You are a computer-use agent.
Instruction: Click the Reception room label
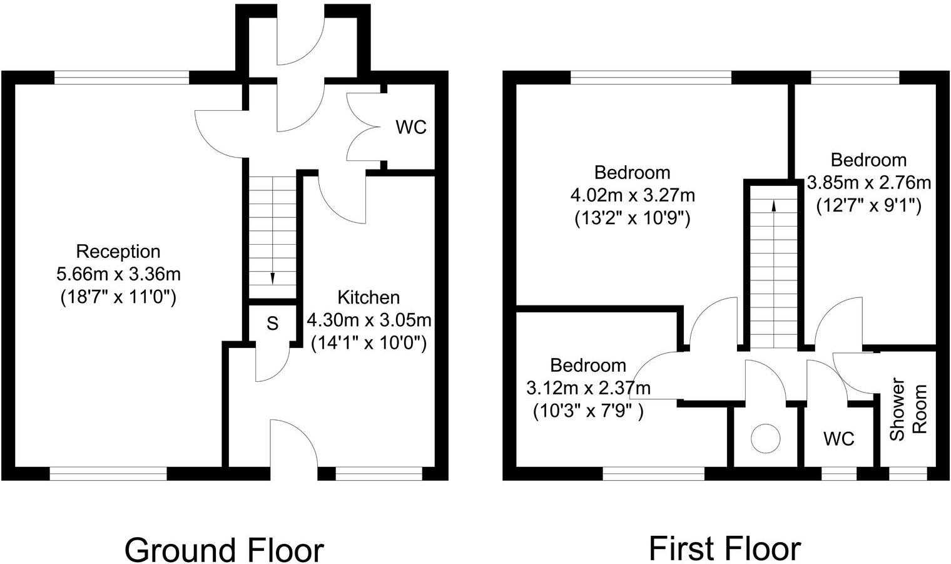coord(118,252)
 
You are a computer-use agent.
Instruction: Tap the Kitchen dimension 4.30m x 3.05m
coord(369,320)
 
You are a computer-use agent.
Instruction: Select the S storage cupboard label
coord(272,324)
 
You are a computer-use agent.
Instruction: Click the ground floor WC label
coord(411,127)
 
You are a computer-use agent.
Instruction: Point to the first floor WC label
coord(838,439)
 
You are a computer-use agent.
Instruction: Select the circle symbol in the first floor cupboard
coord(766,438)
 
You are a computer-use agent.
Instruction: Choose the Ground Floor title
coord(224,550)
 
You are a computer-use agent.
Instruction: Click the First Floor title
coord(725,548)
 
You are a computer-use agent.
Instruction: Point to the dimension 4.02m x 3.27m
coord(632,195)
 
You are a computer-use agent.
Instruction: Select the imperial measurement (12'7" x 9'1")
coord(868,205)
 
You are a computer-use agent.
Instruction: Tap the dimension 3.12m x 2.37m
coord(588,388)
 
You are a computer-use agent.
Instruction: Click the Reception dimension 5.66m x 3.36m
coord(118,274)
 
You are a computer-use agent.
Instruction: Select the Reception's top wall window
coord(121,77)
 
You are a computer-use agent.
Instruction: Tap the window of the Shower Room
coord(908,474)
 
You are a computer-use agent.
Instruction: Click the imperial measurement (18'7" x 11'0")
coord(118,296)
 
